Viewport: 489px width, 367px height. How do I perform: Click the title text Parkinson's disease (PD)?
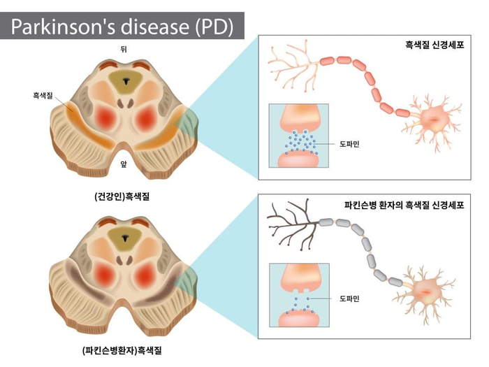coord(122,27)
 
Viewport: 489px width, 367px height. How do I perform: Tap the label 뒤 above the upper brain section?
coord(124,50)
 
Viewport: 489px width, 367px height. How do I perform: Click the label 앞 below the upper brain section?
coord(124,164)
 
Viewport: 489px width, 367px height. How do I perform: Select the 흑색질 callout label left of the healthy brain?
coord(43,96)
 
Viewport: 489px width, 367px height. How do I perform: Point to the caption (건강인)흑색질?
coord(122,196)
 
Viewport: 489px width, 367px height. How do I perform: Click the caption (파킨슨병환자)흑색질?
coord(122,350)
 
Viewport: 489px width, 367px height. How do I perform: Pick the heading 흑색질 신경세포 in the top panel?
coord(435,45)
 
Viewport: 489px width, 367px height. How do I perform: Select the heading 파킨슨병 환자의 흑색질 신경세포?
coord(404,205)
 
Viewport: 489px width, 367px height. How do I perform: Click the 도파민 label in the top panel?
coord(349,144)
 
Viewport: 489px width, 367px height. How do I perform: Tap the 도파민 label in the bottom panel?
coord(349,298)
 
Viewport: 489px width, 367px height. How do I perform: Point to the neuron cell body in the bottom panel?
coord(425,291)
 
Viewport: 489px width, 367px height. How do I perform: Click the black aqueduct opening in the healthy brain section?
coord(126,81)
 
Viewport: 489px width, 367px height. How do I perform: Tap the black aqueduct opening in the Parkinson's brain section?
coord(125,238)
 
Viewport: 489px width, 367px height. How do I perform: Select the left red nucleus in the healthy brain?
coord(105,118)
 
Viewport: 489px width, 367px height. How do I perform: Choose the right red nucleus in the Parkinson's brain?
coord(145,275)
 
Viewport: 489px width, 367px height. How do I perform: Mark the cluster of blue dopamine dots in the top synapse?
coord(300,143)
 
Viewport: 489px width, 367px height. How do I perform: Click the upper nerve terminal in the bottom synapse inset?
coord(300,278)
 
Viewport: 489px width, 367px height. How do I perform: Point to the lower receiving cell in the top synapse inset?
coord(298,159)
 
